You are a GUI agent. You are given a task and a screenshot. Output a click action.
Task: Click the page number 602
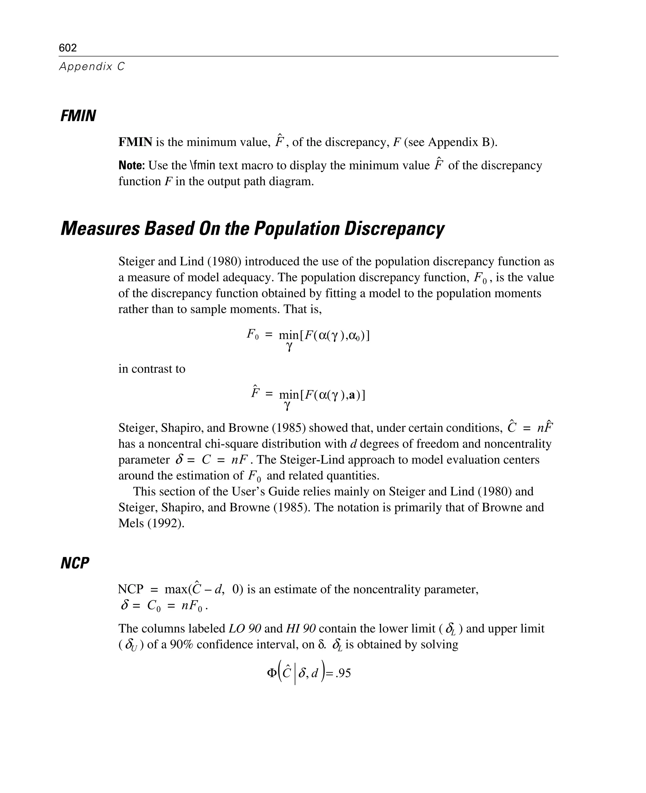[68, 48]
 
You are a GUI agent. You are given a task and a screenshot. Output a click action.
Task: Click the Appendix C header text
[92, 67]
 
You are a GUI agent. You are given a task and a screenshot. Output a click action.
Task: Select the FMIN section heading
[78, 116]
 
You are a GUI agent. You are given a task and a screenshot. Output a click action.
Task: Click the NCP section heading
[75, 563]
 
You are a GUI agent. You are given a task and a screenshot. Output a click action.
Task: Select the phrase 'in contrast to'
[152, 369]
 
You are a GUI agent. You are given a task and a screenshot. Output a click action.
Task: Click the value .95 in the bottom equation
[343, 673]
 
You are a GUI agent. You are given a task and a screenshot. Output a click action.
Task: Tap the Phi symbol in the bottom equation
[272, 673]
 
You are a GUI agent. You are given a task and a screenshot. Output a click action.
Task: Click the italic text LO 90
[244, 629]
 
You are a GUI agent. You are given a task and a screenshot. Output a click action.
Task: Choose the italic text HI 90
[301, 629]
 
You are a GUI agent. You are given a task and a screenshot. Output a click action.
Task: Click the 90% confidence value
[182, 644]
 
